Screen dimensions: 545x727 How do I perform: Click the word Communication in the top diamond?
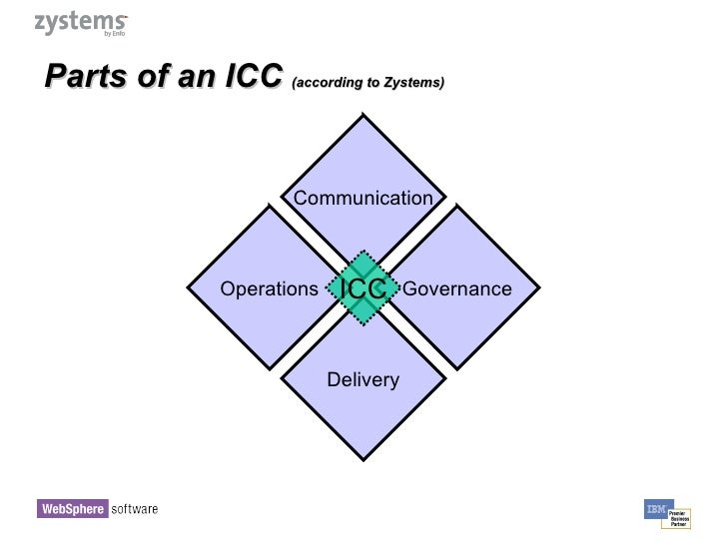363,198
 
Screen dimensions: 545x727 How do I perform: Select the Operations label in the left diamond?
269,289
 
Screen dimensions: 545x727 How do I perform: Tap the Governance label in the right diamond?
456,289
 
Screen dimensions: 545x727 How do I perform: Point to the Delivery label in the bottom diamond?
363,379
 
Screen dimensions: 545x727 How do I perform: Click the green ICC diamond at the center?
363,288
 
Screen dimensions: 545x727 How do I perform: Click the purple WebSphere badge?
72,509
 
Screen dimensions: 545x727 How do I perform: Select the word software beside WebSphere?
134,509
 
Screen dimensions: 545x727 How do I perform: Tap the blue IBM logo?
658,509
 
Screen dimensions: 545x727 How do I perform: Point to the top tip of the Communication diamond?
363,114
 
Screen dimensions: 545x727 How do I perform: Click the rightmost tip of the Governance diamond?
540,289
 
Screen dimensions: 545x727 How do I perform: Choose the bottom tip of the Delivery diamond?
363,465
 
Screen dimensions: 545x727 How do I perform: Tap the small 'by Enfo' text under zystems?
114,34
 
